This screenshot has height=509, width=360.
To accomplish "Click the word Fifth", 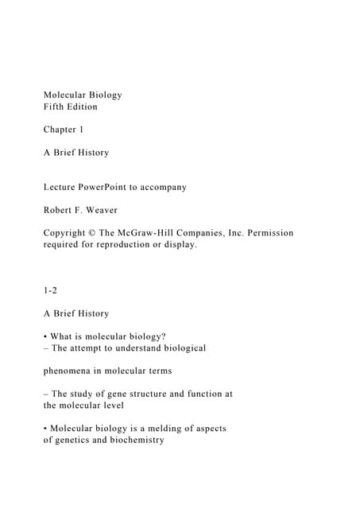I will pyautogui.click(x=55, y=107).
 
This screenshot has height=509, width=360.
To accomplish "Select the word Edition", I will pyautogui.click(x=91, y=107).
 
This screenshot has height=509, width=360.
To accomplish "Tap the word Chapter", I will pyautogui.click(x=60, y=130).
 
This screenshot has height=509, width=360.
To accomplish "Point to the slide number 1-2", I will pyautogui.click(x=50, y=290).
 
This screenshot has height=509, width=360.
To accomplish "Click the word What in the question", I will pyautogui.click(x=64, y=336).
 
